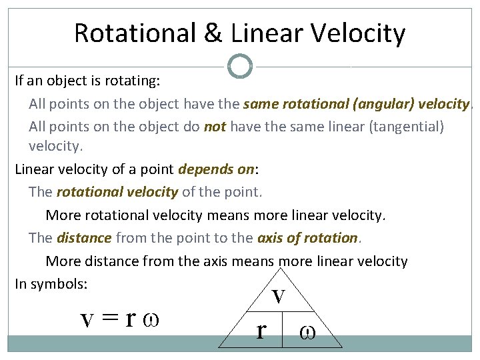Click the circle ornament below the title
(x=240, y=66)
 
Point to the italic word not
(x=215, y=127)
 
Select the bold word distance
(x=85, y=238)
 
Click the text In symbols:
(x=51, y=283)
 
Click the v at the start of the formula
(x=87, y=320)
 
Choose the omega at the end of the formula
(x=151, y=321)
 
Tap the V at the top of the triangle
(x=279, y=296)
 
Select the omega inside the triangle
(x=309, y=331)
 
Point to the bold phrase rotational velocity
(x=117, y=193)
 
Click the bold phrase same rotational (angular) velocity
(x=357, y=104)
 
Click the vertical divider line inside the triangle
(x=283, y=329)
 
